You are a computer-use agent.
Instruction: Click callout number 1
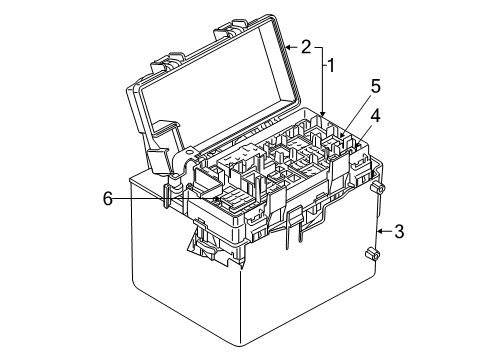click(x=331, y=66)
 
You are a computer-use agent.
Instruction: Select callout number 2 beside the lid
click(x=305, y=47)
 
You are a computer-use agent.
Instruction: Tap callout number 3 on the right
click(x=398, y=232)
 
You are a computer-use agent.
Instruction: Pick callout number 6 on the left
click(x=107, y=199)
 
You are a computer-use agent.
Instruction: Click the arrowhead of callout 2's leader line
click(x=286, y=47)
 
